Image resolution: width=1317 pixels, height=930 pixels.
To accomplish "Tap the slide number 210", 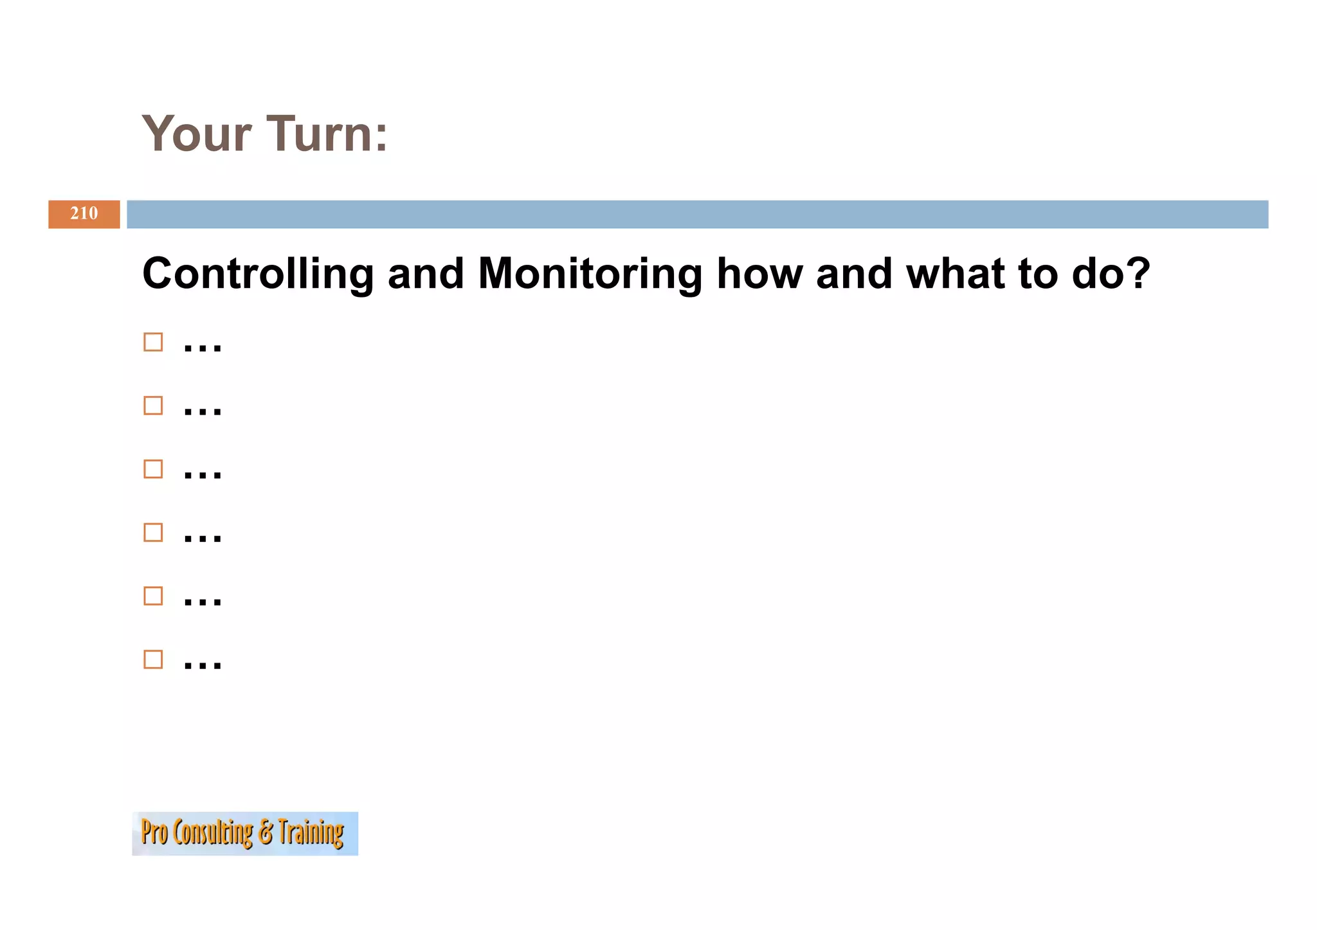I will (84, 213).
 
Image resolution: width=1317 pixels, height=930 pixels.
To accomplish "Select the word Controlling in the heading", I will (258, 274).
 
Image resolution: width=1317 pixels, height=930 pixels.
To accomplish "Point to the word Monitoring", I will (590, 274).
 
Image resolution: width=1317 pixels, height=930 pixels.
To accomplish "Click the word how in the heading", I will (759, 274).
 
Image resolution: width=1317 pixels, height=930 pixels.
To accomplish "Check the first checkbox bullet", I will (153, 342).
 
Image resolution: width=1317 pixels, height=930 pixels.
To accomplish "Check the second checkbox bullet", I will (153, 406).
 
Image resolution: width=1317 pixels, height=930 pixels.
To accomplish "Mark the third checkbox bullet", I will (153, 469).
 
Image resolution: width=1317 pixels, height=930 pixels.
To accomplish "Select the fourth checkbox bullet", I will (153, 532).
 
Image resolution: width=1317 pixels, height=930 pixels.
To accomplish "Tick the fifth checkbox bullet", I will (153, 596).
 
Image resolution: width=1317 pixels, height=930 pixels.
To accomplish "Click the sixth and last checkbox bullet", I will (153, 659).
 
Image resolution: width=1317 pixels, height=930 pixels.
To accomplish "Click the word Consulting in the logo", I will (213, 833).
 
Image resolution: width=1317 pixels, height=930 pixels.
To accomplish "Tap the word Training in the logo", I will (311, 833).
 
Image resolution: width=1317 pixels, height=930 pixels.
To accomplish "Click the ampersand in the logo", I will (266, 833).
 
